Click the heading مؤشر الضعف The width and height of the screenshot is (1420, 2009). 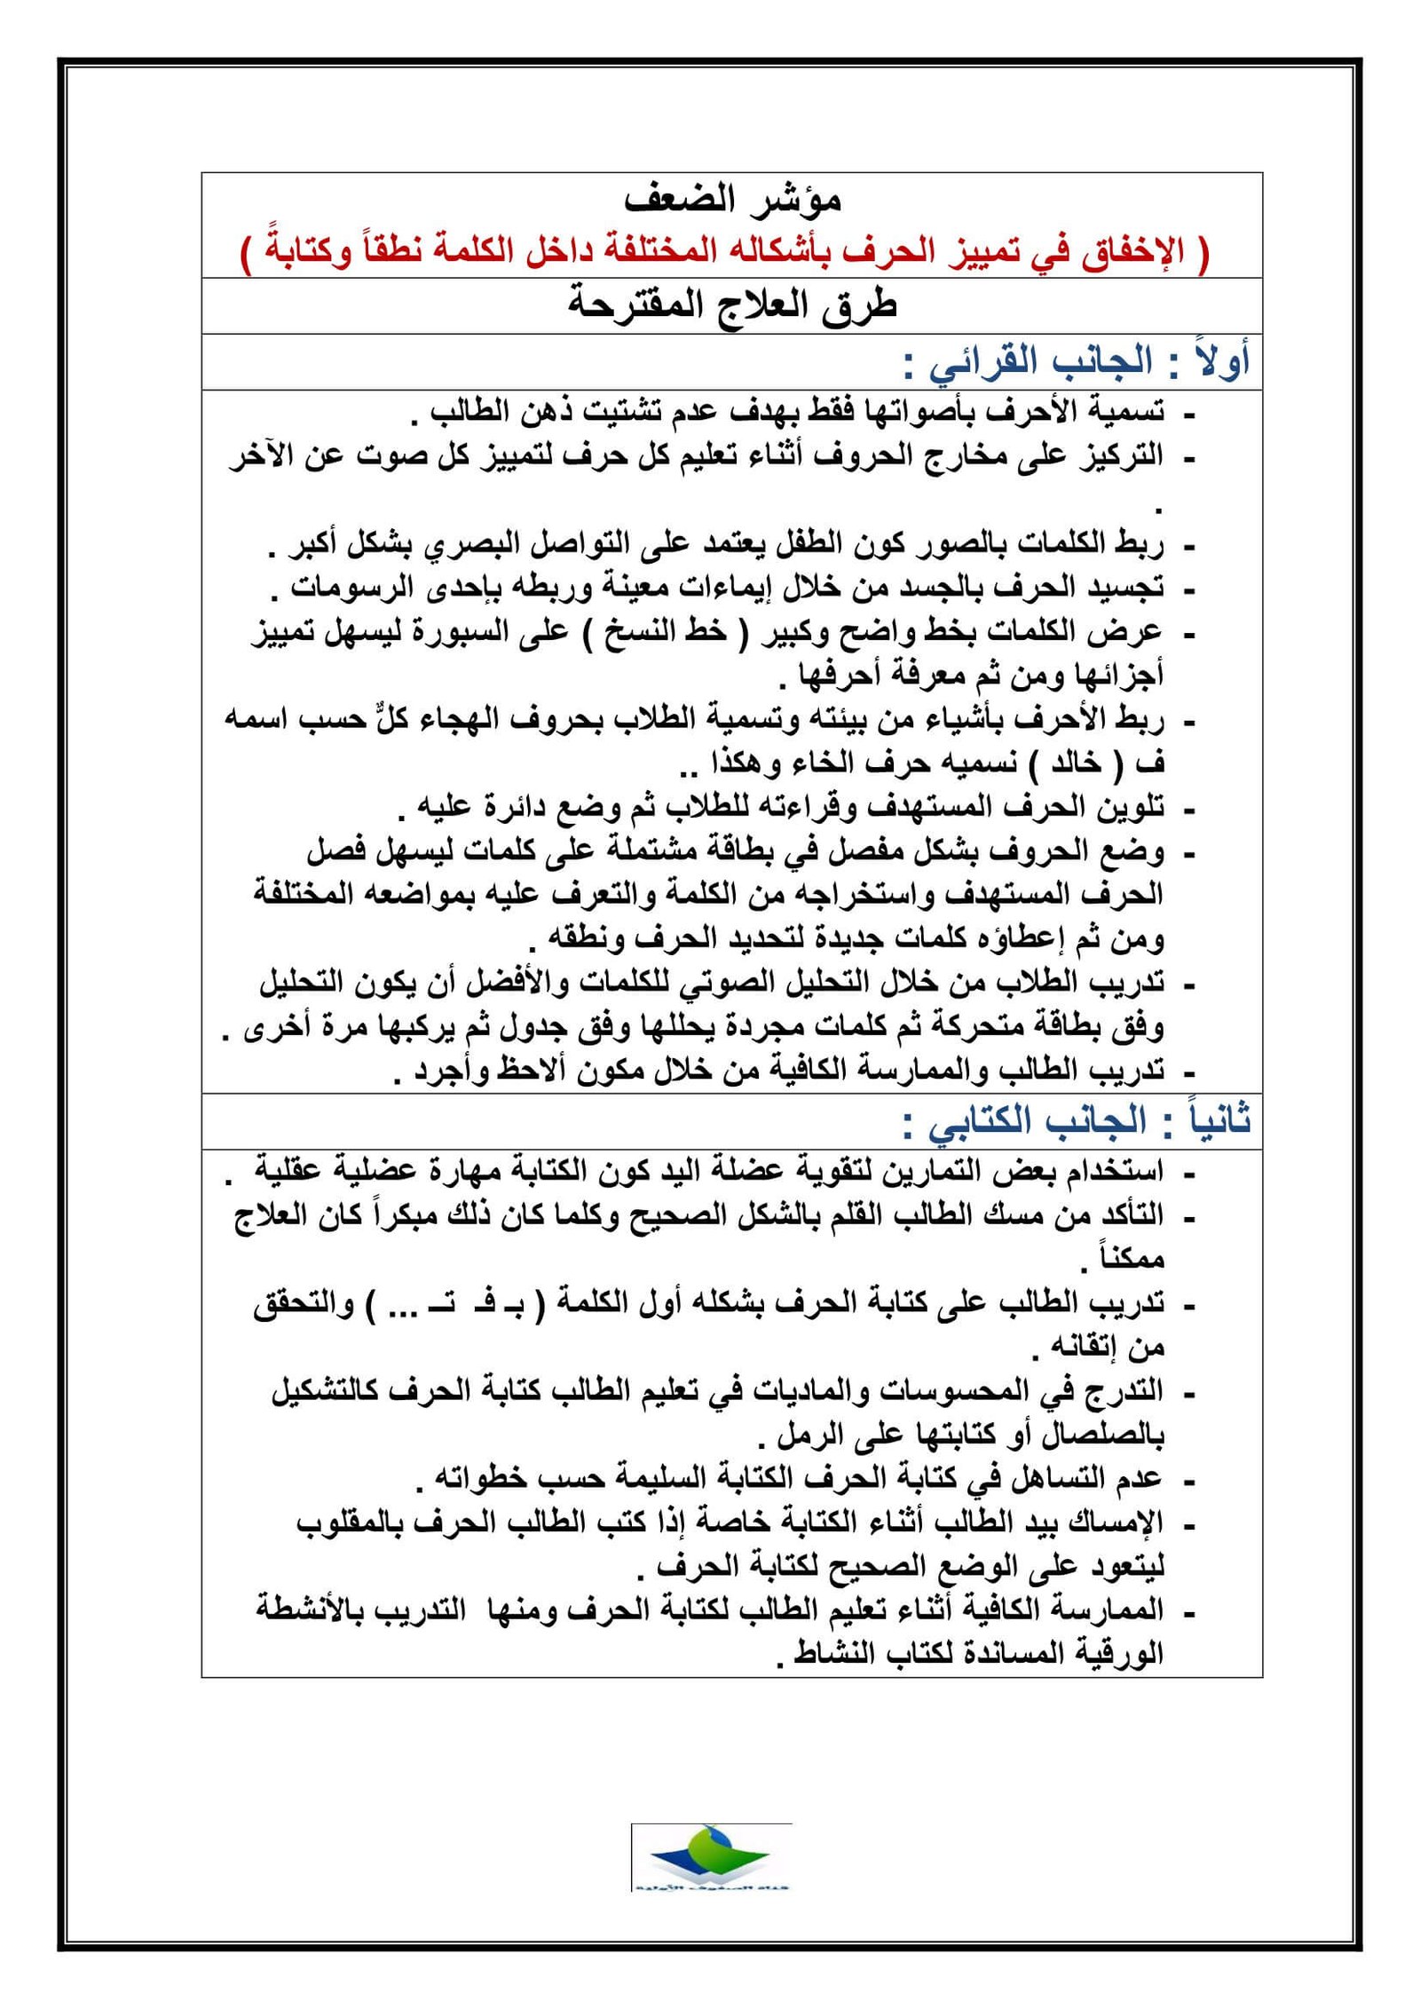(x=732, y=201)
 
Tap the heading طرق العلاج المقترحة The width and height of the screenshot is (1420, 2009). (x=732, y=306)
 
